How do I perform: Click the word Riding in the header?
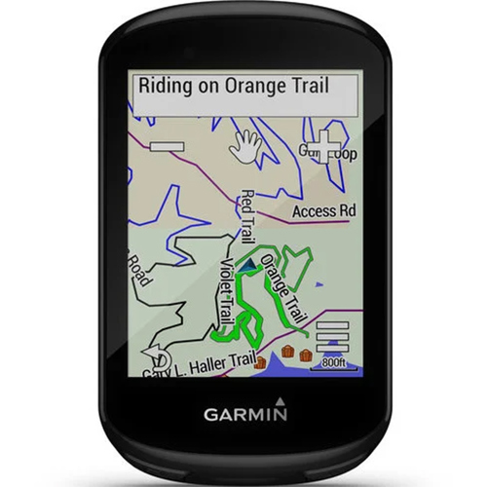[x=165, y=85]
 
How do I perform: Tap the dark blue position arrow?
[x=249, y=263]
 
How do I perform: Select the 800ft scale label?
[x=333, y=362]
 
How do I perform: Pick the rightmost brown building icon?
[x=306, y=353]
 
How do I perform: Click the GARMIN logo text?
[x=245, y=414]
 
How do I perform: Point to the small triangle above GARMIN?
[x=281, y=399]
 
